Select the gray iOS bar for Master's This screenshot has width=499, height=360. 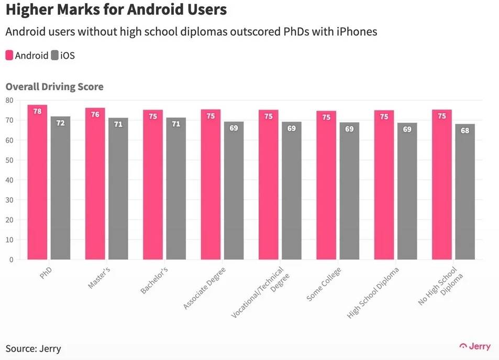point(118,189)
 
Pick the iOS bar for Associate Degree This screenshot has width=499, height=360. point(234,191)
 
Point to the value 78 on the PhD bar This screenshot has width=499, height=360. point(37,111)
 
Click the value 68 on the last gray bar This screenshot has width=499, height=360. point(465,130)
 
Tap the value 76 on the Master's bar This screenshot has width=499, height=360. point(95,114)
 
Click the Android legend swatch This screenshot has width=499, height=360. point(9,56)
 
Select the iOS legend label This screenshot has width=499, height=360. point(68,56)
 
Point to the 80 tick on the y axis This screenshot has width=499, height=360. point(9,100)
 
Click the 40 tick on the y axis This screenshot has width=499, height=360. point(9,180)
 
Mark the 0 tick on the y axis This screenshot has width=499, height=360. point(11,259)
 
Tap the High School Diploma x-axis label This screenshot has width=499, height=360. point(373,293)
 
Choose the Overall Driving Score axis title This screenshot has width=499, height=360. point(54,87)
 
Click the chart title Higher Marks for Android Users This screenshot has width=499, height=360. point(116,10)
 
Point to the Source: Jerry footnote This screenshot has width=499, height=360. point(34,348)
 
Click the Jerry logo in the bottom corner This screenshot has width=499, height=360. point(475,346)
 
